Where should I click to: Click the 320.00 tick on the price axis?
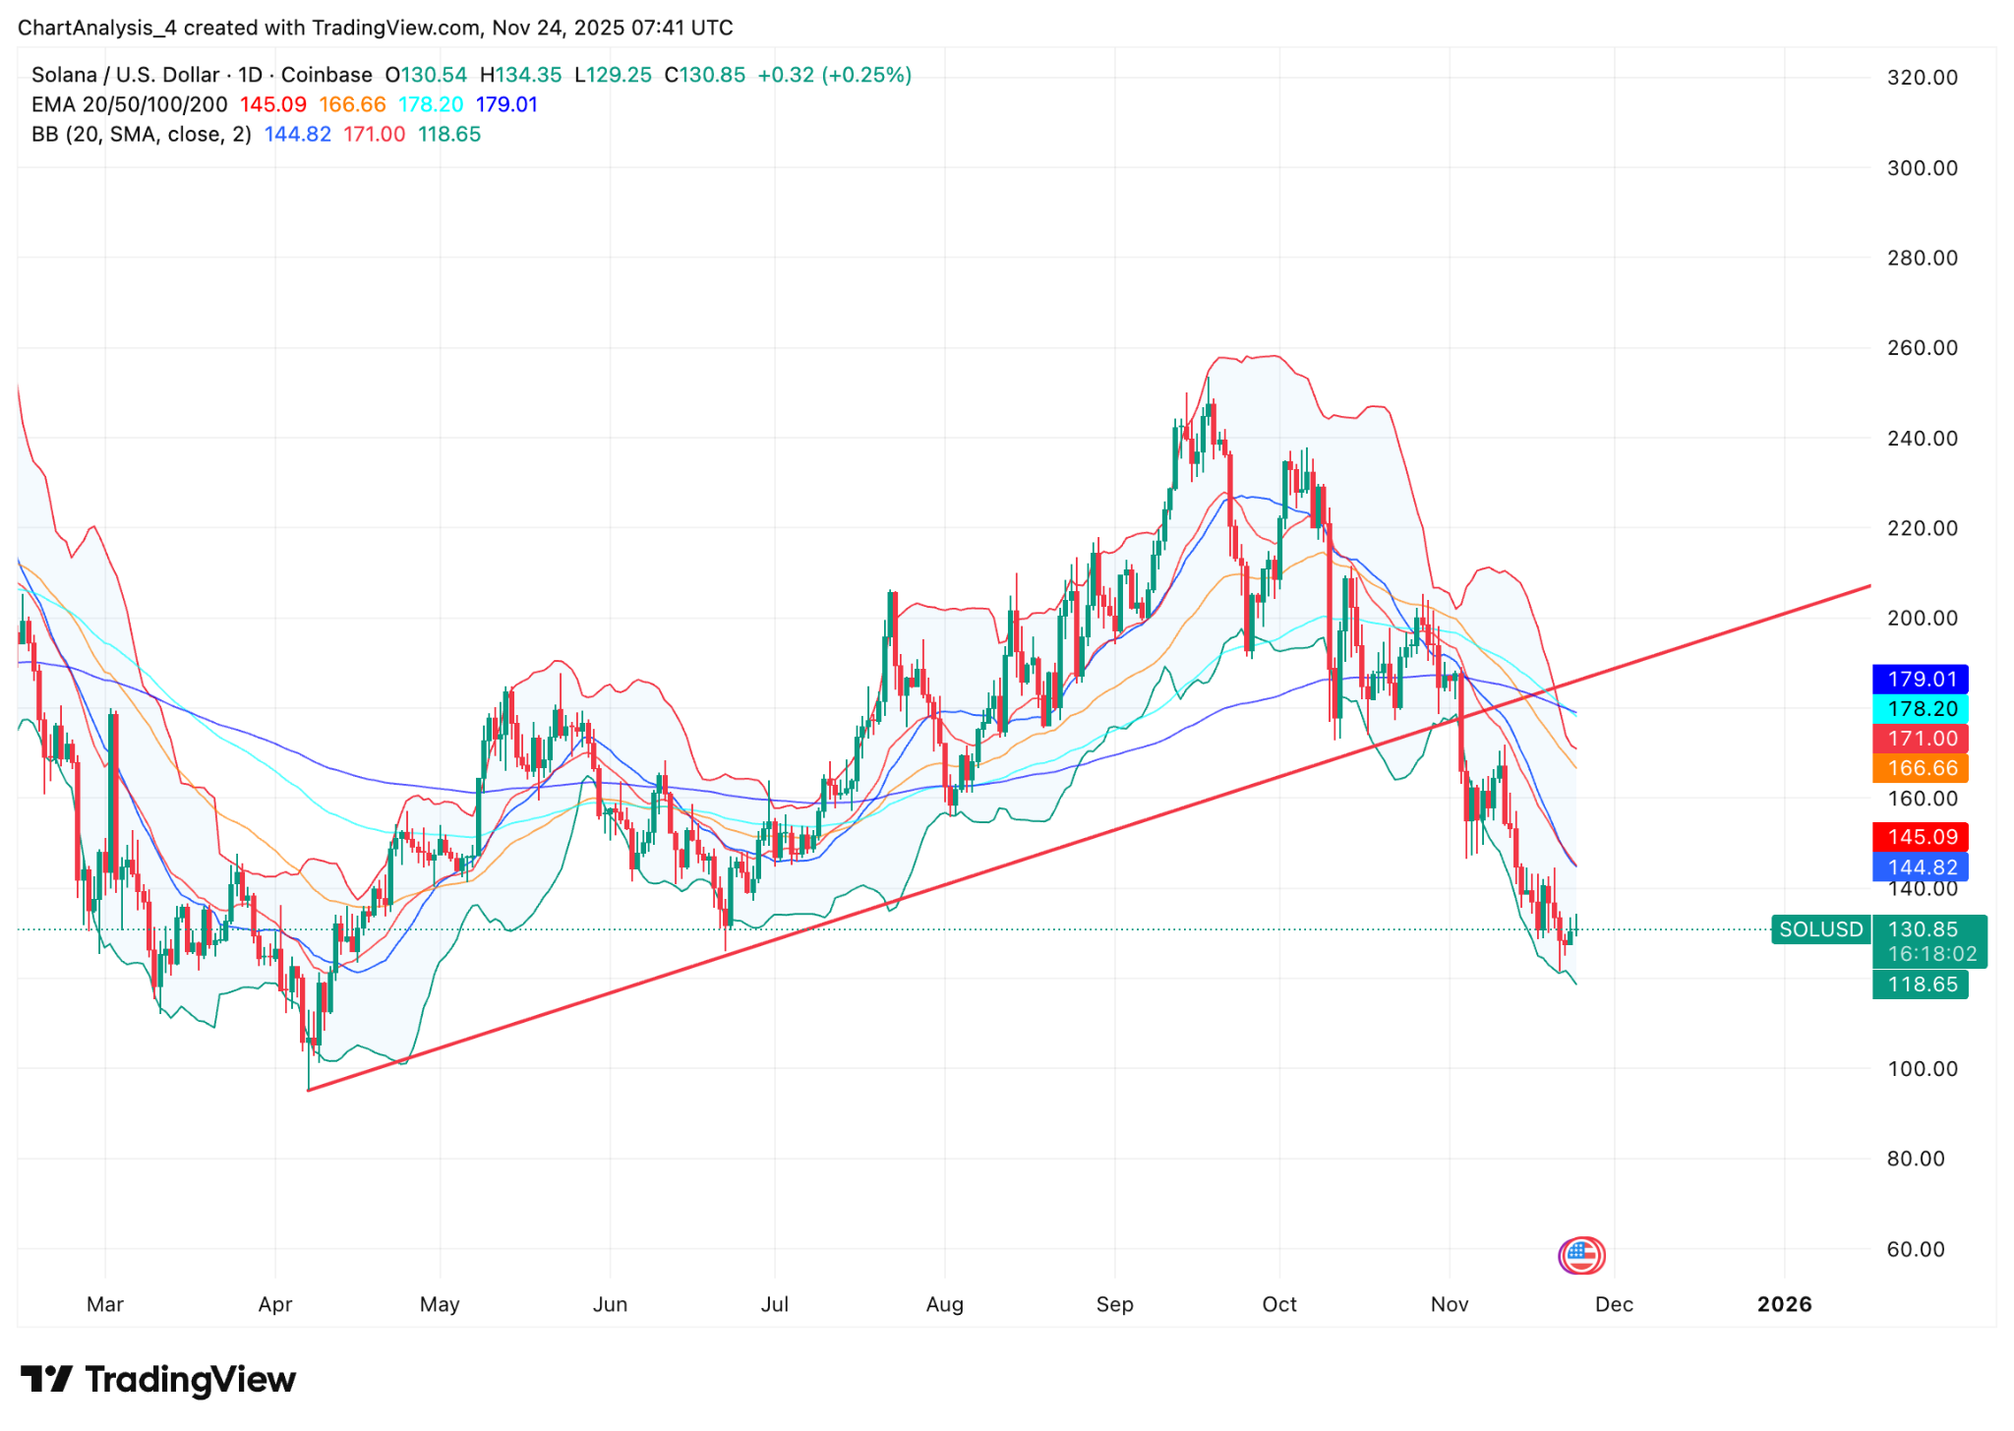(1922, 78)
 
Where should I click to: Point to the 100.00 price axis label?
(1922, 1069)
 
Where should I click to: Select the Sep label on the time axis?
(1114, 1304)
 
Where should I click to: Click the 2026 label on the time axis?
(1784, 1304)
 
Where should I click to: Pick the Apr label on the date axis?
(275, 1304)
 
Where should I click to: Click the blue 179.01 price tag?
(1920, 679)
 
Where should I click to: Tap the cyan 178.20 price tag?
(1920, 709)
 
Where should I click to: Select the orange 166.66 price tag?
(1920, 768)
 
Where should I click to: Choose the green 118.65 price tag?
(1920, 984)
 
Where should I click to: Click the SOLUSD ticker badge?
(1820, 929)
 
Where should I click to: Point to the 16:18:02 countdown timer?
(1931, 954)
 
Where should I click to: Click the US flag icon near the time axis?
(1581, 1255)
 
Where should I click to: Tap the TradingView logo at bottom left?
(158, 1380)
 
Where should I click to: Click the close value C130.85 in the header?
(704, 75)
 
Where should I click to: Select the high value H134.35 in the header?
(520, 75)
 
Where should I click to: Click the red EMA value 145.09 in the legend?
(273, 104)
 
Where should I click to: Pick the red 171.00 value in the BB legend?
(374, 134)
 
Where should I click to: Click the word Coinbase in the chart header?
(326, 75)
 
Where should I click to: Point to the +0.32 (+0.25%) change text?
(834, 75)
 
